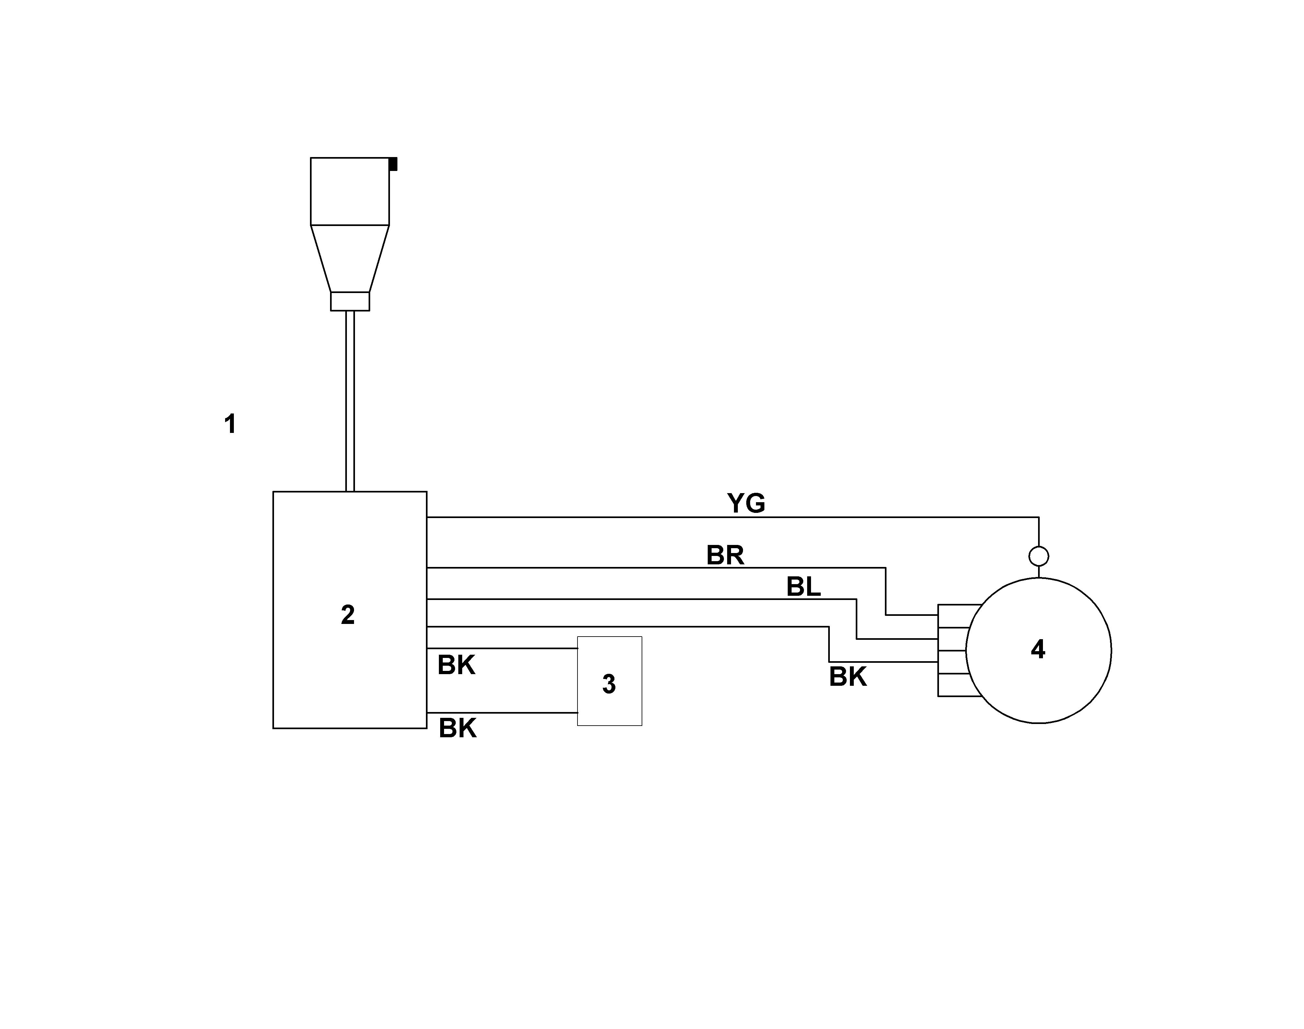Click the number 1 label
pyautogui.click(x=230, y=424)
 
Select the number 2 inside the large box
pyautogui.click(x=348, y=615)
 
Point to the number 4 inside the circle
pyautogui.click(x=1038, y=649)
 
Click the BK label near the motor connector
pyautogui.click(x=848, y=677)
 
